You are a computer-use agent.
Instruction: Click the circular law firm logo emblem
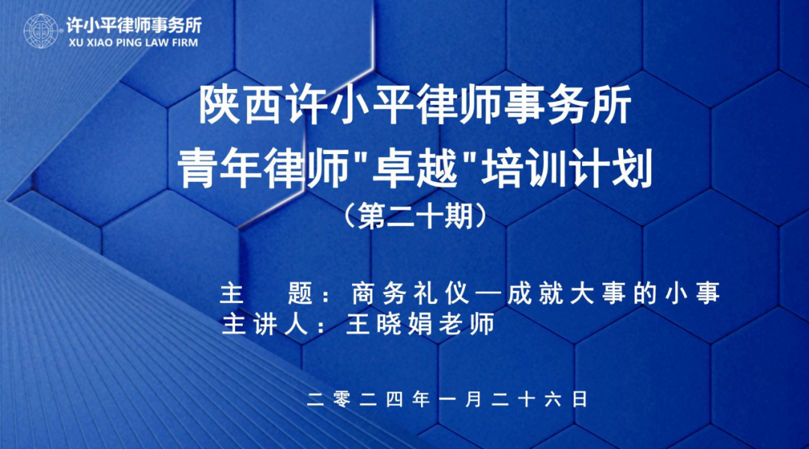41,31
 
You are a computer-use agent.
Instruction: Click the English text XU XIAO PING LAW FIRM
133,43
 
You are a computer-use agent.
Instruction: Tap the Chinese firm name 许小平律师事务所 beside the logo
133,25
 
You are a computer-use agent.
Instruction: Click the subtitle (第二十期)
416,216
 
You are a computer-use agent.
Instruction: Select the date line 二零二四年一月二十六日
447,399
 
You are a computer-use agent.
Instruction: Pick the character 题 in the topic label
300,293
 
